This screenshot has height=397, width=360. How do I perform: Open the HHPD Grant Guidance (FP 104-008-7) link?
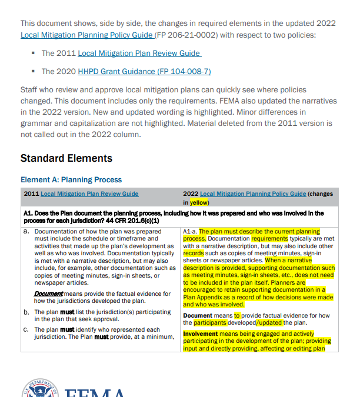pyautogui.click(x=144, y=71)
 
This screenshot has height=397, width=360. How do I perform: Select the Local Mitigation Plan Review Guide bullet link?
pyautogui.click(x=139, y=53)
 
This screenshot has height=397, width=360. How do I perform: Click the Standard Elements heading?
pyautogui.click(x=66, y=158)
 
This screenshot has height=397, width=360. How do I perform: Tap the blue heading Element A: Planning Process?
pyautogui.click(x=71, y=180)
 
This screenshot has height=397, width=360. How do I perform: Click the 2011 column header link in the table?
pyautogui.click(x=89, y=194)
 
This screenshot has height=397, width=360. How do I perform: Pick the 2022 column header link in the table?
pyautogui.click(x=253, y=194)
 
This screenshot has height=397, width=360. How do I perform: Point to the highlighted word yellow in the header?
pyautogui.click(x=199, y=202)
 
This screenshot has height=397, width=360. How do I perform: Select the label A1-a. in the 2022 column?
pyautogui.click(x=189, y=232)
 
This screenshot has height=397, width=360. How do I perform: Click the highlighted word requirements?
pyautogui.click(x=269, y=239)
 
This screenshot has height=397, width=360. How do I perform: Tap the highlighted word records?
pyautogui.click(x=194, y=253)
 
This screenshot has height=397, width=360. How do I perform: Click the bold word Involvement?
pyautogui.click(x=200, y=333)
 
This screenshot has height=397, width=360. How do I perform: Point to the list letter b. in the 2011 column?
pyautogui.click(x=26, y=312)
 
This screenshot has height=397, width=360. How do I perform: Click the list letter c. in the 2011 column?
pyautogui.click(x=26, y=329)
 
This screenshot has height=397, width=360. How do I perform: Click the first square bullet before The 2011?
pyautogui.click(x=34, y=54)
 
